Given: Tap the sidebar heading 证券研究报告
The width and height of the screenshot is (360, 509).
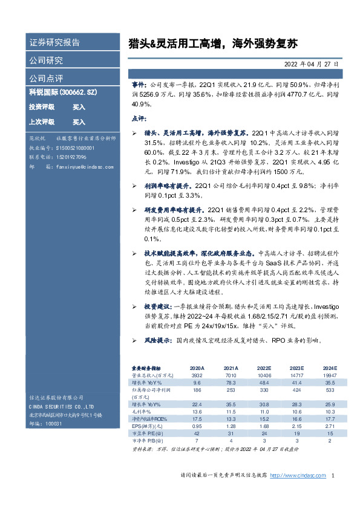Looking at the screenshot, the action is (x=54, y=43).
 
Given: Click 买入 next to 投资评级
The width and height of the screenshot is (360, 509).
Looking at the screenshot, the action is (x=79, y=106).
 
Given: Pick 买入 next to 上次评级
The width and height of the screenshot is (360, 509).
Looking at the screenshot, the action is (x=79, y=122).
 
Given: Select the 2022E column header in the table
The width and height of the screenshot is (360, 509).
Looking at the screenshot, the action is (x=264, y=368).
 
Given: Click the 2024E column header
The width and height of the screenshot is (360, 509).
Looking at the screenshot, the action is (x=330, y=368).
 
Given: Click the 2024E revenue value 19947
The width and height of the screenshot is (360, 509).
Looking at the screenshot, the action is (x=329, y=375).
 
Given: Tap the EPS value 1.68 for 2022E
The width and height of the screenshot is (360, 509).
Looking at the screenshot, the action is (x=264, y=426).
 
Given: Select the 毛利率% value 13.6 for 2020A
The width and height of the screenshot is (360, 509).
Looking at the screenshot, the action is (x=197, y=411).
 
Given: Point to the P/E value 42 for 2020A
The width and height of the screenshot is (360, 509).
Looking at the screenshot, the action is (x=197, y=434).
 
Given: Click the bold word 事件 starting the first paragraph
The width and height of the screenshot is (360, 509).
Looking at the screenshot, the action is (x=139, y=86).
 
